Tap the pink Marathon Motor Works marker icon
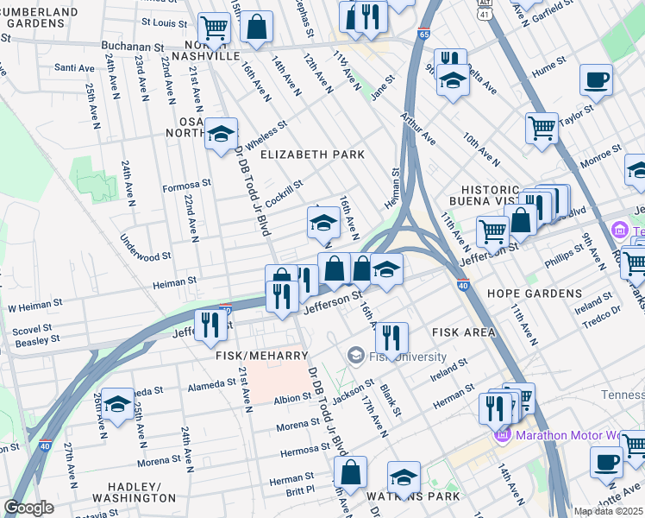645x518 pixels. point(503,435)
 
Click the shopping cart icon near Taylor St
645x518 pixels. point(542,128)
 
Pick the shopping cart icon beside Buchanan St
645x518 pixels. point(214,28)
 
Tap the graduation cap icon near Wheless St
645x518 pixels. point(221,134)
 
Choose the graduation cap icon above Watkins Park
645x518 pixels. point(404,477)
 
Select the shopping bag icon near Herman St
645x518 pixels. point(351,472)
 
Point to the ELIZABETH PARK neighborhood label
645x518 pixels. point(312,155)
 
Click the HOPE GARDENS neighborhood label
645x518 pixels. point(534,294)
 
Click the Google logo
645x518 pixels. point(28,507)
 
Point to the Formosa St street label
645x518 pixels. point(187,184)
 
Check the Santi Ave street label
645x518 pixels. point(74,67)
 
